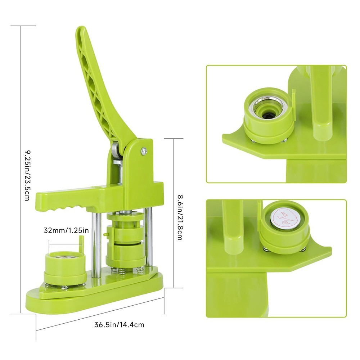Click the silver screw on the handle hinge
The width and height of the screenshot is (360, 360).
pos(144,151)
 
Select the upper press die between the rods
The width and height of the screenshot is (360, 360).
pos(125,225)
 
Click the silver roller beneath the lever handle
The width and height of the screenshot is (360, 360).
pos(115,151)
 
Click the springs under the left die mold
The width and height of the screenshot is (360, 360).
pos(65,287)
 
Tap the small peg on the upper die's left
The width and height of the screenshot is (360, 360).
pos(104,234)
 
